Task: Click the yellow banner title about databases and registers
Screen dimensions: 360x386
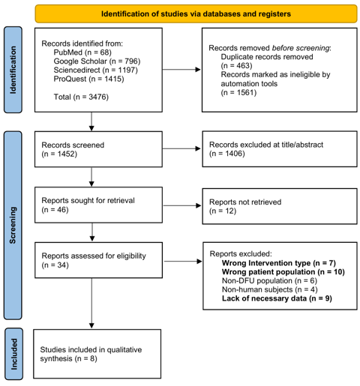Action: click(x=196, y=13)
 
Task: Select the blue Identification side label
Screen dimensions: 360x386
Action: click(x=13, y=70)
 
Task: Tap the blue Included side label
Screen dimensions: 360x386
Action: click(x=13, y=354)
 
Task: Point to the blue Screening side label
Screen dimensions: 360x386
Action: click(x=13, y=225)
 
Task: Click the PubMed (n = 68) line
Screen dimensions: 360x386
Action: click(x=82, y=52)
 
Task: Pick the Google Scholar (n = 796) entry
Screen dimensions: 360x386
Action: click(x=97, y=61)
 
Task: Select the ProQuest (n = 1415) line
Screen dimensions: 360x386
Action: click(x=88, y=79)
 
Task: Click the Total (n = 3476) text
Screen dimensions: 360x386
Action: click(x=81, y=97)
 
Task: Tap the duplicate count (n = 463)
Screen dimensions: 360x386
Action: click(x=236, y=65)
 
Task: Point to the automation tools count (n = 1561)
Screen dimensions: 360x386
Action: click(x=238, y=92)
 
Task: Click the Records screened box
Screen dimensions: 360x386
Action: click(x=98, y=149)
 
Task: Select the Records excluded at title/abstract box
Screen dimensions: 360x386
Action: click(x=280, y=149)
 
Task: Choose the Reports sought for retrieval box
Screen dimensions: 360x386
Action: click(x=98, y=205)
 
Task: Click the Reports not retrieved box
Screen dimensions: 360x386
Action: click(x=280, y=206)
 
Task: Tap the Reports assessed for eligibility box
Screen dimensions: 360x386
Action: click(x=98, y=260)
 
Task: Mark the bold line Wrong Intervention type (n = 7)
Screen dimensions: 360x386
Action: click(x=279, y=263)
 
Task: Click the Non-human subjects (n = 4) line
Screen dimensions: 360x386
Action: click(x=270, y=289)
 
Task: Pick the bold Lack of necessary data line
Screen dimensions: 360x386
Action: click(x=277, y=298)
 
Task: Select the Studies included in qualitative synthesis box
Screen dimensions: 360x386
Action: click(x=97, y=354)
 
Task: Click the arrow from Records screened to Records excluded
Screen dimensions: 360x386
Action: click(x=181, y=148)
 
